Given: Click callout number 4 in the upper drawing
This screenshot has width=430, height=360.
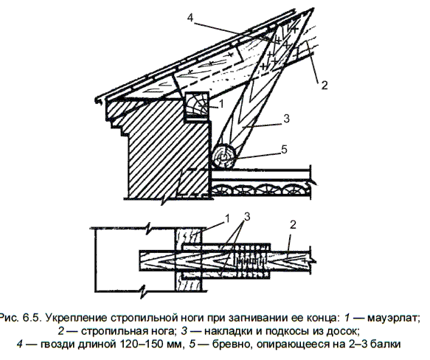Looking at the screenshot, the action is click(190, 18).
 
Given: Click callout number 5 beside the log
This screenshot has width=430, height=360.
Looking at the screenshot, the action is click(284, 150).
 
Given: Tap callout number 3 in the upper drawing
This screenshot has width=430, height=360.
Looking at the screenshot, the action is click(286, 119).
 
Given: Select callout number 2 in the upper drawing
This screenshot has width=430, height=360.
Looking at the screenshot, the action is click(324, 86).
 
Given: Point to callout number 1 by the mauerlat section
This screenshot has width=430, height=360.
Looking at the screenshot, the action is click(221, 104).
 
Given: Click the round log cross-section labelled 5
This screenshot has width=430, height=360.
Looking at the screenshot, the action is click(224, 156).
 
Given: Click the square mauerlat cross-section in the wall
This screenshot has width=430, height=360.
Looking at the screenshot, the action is click(197, 107).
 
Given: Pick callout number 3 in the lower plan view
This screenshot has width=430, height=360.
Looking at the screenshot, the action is click(247, 217).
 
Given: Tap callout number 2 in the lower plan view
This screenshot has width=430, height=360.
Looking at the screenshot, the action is click(293, 225).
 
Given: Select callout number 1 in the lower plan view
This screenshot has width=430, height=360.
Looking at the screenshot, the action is click(227, 218).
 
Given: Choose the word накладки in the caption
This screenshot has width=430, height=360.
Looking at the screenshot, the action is click(228, 331).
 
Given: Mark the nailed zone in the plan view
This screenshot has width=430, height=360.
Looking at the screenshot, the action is click(250, 260).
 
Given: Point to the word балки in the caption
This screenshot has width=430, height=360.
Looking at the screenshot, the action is click(385, 344).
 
